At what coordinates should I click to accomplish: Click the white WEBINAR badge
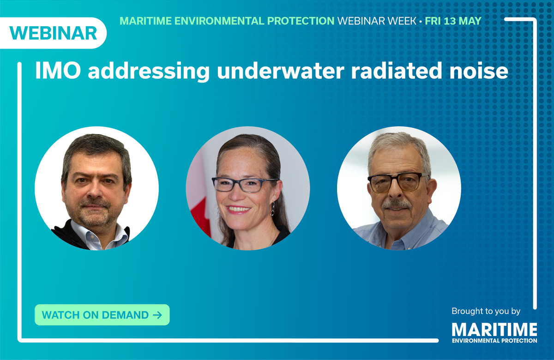tap(53, 33)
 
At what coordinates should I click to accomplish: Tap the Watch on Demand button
tap(102, 315)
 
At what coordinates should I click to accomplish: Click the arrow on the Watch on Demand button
tap(157, 315)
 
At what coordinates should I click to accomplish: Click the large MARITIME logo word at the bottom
tap(494, 330)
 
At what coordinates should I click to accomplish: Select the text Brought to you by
tap(486, 311)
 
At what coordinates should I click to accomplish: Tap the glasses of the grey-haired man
tap(398, 181)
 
